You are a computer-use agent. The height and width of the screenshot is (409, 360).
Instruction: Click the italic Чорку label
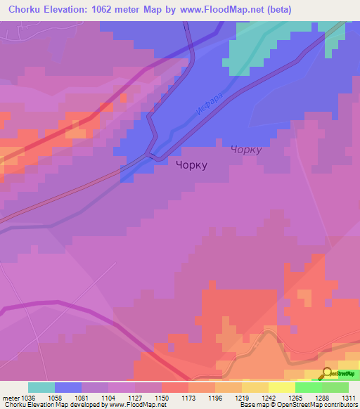point(246,150)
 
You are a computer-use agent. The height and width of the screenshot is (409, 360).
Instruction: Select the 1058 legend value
point(54,398)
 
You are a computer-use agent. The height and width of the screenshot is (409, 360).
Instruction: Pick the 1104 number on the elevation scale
point(108,398)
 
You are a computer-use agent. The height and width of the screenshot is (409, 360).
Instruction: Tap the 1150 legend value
point(162,398)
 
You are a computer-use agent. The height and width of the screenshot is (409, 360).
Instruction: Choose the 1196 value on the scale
point(215,398)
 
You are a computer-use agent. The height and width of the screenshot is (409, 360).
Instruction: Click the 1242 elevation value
point(269,398)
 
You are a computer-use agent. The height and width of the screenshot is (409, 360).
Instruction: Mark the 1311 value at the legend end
point(349,398)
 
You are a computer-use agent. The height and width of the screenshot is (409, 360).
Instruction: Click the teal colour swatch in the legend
point(41,387)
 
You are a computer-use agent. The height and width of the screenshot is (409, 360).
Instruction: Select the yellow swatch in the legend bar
point(281,387)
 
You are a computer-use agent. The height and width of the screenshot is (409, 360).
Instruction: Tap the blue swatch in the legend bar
point(68,387)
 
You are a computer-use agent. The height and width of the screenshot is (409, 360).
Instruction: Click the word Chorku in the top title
point(26,9)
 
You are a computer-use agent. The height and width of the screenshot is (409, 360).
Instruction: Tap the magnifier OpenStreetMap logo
point(326,374)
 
